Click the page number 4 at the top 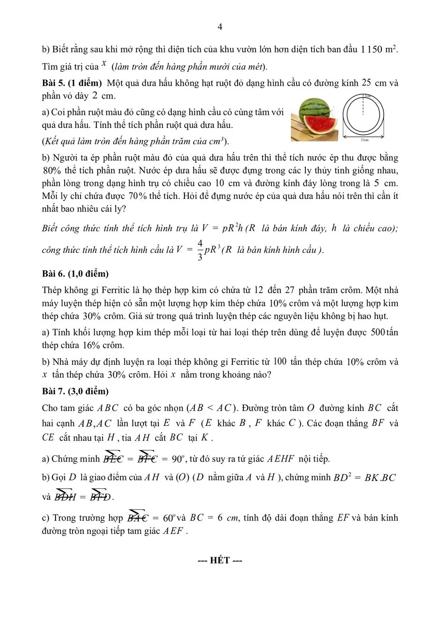pos(220,27)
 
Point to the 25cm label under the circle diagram pos(364,140)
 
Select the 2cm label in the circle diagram pos(367,96)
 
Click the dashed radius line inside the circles pos(363,106)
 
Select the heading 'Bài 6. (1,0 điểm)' pos(75,274)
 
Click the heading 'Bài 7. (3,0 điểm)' pos(75,391)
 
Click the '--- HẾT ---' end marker pos(220,560)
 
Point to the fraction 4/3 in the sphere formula pos(200,250)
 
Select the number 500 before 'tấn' pos(378,332)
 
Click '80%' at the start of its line pos(51,170)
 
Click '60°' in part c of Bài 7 pos(169,518)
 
